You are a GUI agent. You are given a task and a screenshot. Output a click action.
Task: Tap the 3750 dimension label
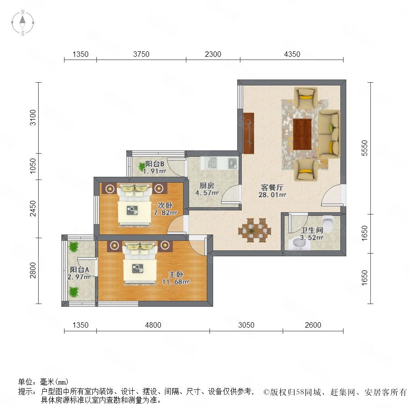point(141,54)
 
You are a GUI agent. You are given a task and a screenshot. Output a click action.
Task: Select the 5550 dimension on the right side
point(364,148)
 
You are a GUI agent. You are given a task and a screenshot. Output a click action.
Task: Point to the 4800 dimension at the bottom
point(153,325)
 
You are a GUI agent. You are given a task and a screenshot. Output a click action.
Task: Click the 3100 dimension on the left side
point(33,117)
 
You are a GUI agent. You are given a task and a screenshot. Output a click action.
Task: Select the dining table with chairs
point(254,230)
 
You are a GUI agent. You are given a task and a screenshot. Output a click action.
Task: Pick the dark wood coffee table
point(302,134)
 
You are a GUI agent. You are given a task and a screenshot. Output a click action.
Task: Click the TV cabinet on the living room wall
point(249,133)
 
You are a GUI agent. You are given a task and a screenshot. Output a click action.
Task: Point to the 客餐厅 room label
point(272,187)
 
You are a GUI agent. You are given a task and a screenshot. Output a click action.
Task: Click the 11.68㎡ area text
point(176,282)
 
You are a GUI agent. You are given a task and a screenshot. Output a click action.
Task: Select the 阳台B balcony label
point(155,164)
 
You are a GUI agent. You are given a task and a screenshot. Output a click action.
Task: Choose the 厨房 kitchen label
point(207,185)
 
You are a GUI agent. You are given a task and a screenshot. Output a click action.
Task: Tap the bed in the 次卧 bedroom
point(135,205)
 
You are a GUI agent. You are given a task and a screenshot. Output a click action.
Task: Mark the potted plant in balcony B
point(142,166)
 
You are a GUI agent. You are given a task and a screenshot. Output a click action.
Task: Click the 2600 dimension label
point(313,325)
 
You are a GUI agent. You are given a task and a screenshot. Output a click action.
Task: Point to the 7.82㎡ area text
point(165,213)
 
